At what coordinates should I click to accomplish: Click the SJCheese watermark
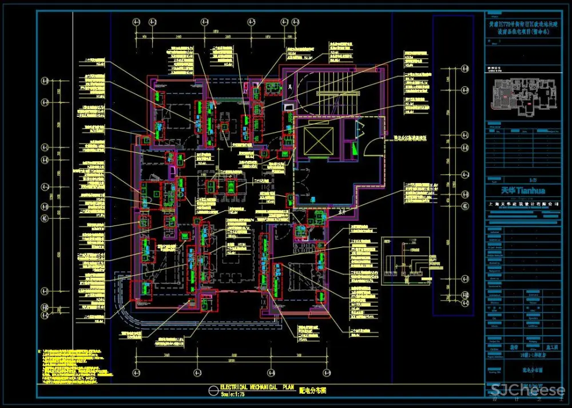click(528, 391)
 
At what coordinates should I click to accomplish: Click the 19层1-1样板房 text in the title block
click(522, 355)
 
